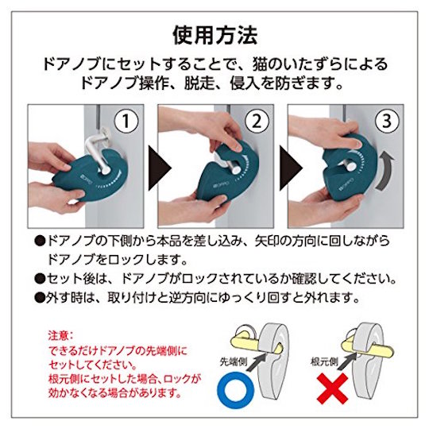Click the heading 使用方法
215,35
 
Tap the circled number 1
126,122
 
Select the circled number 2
256,122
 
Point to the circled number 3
386,122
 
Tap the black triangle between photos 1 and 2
159,168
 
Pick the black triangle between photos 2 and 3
289,168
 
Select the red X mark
332,388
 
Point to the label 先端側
234,361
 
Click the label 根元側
324,361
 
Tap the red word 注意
58,335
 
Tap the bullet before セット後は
40,279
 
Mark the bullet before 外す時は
40,298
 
